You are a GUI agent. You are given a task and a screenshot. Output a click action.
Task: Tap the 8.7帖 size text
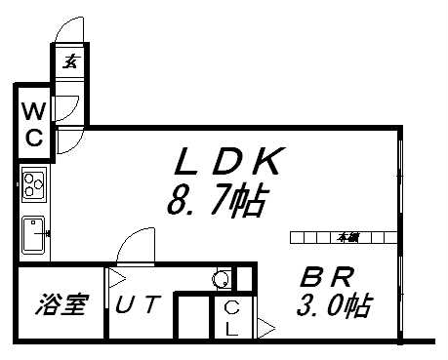point(217,202)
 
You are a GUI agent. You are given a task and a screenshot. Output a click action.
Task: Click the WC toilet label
point(33,123)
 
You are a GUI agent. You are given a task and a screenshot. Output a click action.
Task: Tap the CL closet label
point(230,318)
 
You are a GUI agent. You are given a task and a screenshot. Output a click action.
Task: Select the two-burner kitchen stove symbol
point(35,182)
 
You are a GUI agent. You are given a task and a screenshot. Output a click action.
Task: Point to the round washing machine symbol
point(223,280)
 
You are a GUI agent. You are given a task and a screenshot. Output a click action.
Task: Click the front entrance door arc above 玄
point(70,27)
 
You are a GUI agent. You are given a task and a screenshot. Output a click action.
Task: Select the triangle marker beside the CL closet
point(265,330)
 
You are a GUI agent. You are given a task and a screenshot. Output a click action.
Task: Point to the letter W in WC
point(33,109)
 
